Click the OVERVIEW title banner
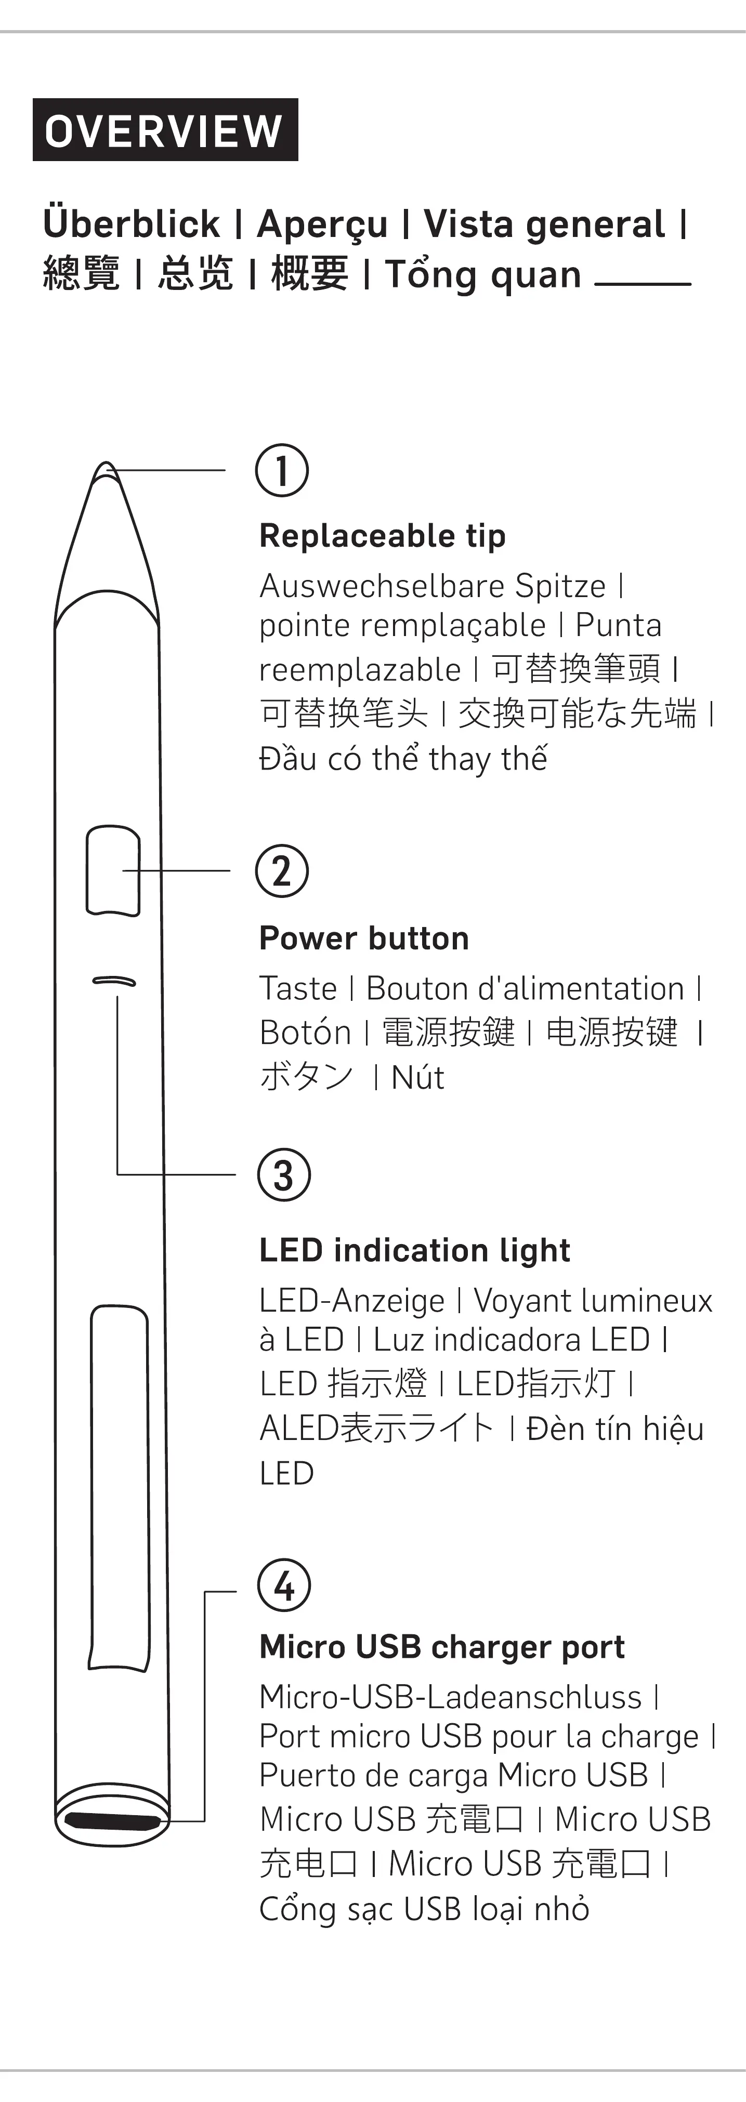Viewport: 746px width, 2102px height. (x=165, y=130)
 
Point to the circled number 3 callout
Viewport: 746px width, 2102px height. (x=283, y=1174)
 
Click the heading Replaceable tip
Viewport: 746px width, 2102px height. (x=382, y=536)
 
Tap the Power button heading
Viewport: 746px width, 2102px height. (x=364, y=938)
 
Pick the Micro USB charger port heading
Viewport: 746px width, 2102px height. (x=441, y=1647)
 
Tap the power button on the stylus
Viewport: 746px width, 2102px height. (x=113, y=870)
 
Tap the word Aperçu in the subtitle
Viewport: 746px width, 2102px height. (x=322, y=224)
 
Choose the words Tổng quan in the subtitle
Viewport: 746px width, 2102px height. (x=482, y=274)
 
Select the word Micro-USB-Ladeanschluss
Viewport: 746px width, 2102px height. (x=451, y=1697)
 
